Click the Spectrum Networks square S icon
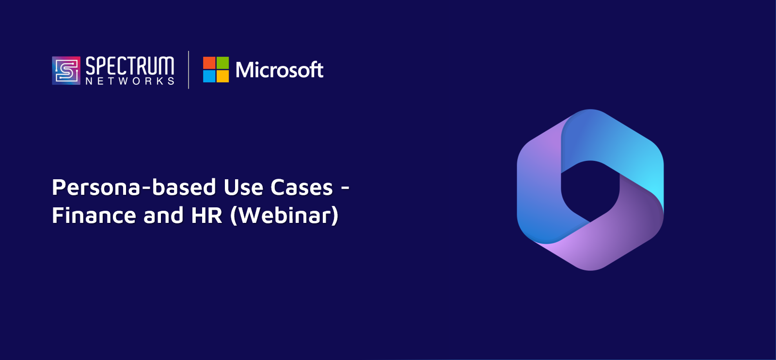tap(66, 71)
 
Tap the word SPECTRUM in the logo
tap(130, 66)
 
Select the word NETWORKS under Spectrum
tap(130, 81)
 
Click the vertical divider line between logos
tap(189, 70)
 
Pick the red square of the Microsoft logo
tap(209, 63)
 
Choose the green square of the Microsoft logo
tap(223, 63)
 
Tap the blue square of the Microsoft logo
tap(209, 77)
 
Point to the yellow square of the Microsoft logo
tap(223, 77)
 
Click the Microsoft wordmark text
tap(279, 70)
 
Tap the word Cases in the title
tap(301, 188)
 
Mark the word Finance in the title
tap(94, 215)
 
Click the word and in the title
tap(163, 215)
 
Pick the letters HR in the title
tap(206, 215)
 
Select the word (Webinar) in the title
tap(284, 216)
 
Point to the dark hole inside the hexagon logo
tap(590, 191)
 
